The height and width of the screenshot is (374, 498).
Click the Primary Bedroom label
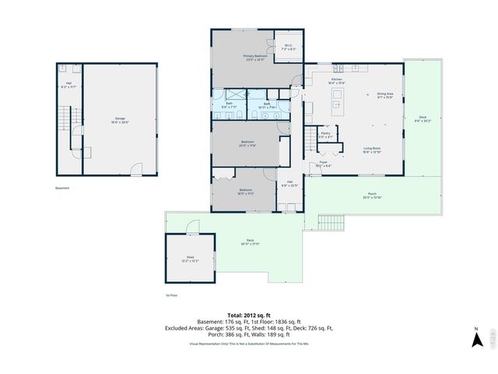(254, 57)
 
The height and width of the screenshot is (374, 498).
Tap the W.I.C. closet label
(287, 45)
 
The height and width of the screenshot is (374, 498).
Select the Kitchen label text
(337, 80)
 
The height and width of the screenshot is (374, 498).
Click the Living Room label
(371, 150)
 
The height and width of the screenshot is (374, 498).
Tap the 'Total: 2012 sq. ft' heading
(248, 314)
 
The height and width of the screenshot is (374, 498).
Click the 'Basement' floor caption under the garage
(62, 188)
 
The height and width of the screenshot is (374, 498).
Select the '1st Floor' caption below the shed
(171, 295)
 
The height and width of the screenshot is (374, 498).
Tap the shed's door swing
(192, 226)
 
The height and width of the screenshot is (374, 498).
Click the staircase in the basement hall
(72, 125)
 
